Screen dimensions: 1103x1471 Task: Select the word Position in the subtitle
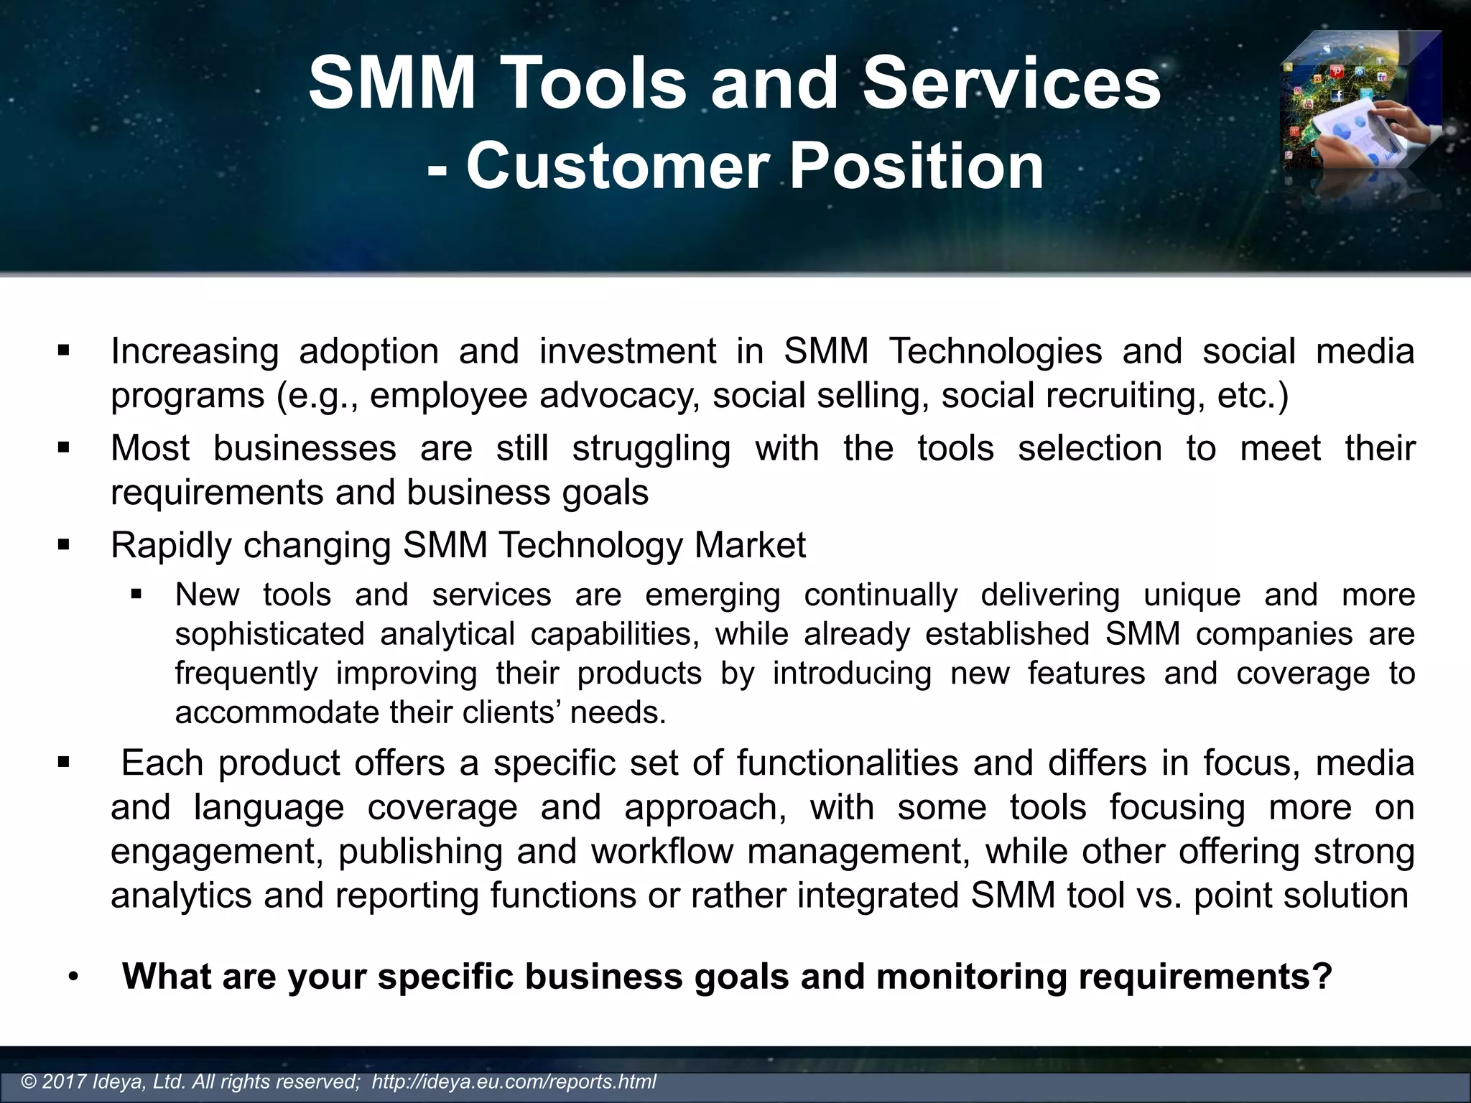[917, 167]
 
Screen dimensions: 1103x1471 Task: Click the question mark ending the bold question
[1323, 977]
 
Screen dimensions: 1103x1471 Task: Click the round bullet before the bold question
[73, 978]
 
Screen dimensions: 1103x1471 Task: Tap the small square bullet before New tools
[136, 595]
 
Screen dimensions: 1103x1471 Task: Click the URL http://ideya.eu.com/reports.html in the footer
[514, 1081]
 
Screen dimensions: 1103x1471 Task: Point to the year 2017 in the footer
[65, 1081]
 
